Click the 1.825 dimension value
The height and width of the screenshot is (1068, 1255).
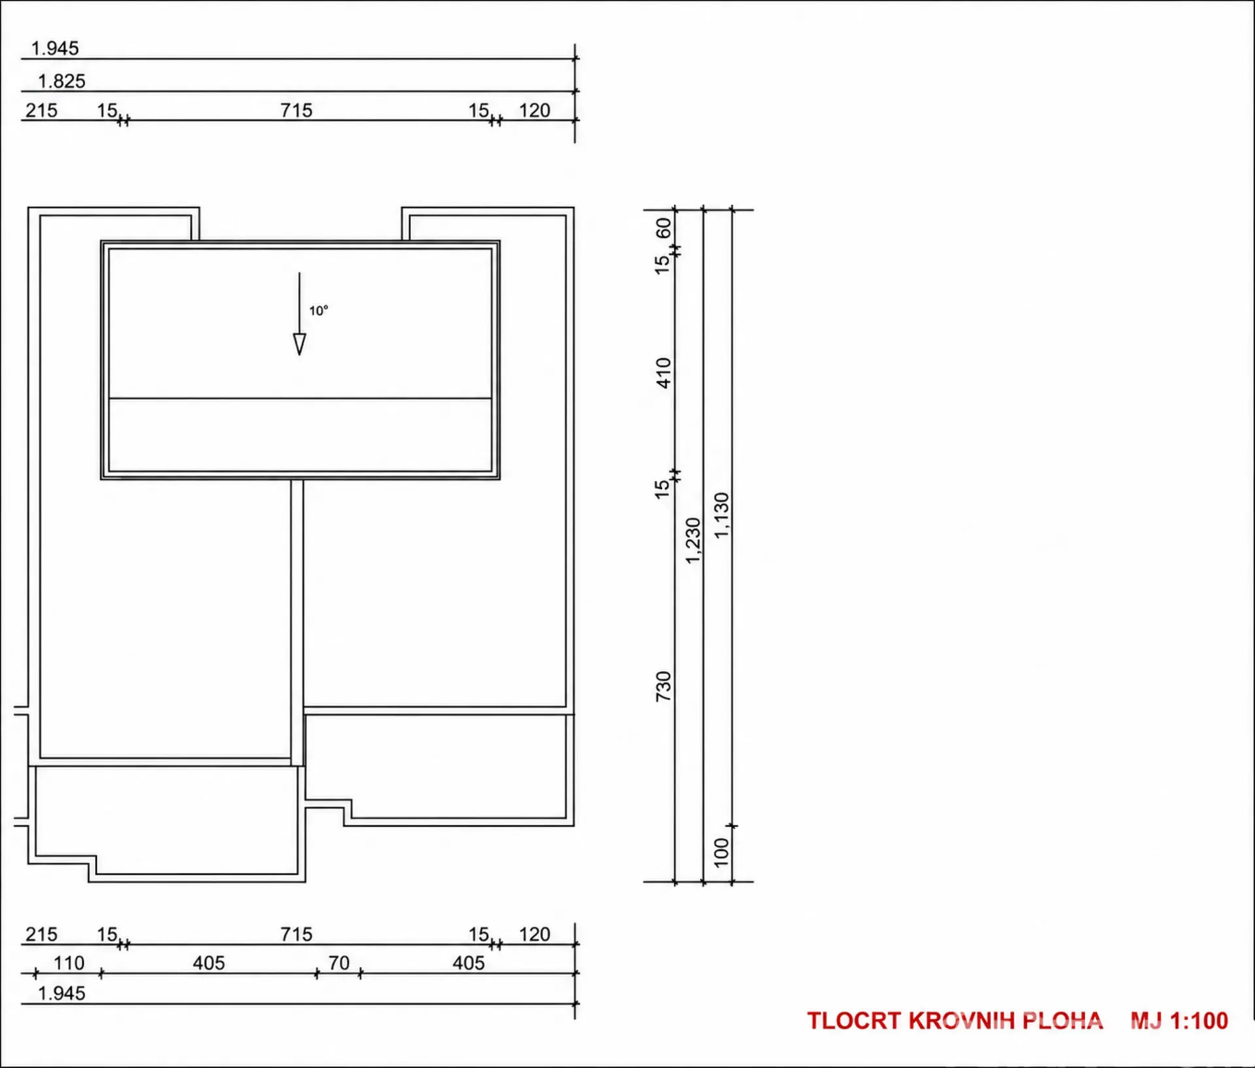tap(61, 81)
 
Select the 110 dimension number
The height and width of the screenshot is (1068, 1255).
tap(69, 963)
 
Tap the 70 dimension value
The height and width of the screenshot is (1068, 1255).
tap(339, 963)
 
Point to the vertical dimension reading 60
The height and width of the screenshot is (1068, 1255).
tap(663, 228)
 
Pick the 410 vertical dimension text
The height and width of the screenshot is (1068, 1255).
tap(663, 373)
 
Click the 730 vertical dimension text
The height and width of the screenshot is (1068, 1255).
tap(663, 687)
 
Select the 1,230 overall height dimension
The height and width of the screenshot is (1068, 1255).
tap(693, 541)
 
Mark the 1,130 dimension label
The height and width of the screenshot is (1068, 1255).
tap(721, 516)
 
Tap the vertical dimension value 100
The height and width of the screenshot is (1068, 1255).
tap(721, 852)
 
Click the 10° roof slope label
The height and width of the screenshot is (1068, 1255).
tap(318, 311)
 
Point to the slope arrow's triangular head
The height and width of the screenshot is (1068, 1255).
tap(299, 344)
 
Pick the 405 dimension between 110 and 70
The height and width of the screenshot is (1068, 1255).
tap(209, 963)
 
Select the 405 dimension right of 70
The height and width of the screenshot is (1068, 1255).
tap(469, 963)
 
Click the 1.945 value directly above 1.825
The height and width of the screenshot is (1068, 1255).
tap(55, 48)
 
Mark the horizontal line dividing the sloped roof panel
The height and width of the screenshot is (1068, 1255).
tap(300, 398)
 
